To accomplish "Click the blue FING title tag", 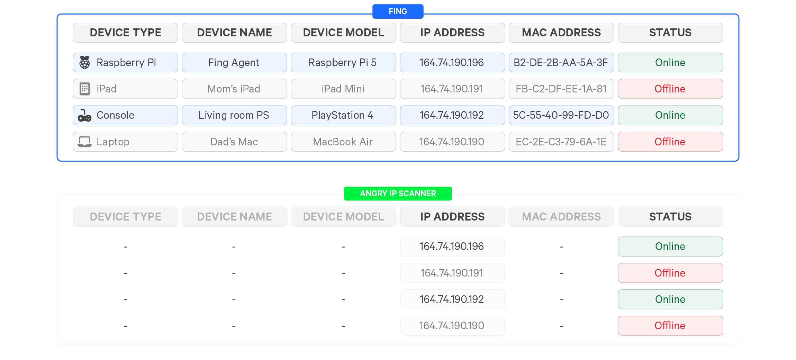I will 398,11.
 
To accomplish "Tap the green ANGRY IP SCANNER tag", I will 398,193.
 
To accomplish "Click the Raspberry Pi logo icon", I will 85,63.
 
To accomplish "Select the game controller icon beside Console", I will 85,115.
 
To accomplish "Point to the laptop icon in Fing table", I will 85,142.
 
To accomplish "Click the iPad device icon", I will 85,89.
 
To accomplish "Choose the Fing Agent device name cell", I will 234,63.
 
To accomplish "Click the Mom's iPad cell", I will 234,89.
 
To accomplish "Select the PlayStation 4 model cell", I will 343,115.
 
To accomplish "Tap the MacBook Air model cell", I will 343,142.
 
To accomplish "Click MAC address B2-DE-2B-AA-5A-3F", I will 561,63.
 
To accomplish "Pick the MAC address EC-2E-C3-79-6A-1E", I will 561,142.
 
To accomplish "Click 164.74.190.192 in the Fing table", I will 452,115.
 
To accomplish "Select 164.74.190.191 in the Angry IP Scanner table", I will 452,273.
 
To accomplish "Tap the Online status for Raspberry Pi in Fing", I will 670,63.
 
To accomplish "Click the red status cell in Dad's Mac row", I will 670,142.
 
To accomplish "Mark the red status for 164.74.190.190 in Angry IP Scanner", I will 670,325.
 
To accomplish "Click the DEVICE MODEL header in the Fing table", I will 343,33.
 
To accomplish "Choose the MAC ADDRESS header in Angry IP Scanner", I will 561,217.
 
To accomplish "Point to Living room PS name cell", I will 234,115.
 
